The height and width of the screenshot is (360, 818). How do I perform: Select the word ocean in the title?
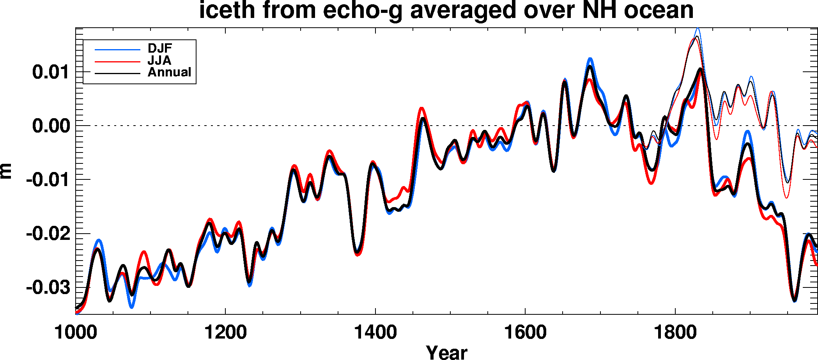pyautogui.click(x=659, y=10)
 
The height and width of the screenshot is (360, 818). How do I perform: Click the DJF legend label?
pyautogui.click(x=160, y=48)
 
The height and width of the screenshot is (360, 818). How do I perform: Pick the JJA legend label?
pyautogui.click(x=159, y=60)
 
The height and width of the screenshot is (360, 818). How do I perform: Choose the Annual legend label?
pyautogui.click(x=169, y=72)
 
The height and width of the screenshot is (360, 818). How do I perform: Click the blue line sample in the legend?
pyautogui.click(x=117, y=50)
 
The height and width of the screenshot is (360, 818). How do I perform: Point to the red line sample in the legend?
pyautogui.click(x=117, y=62)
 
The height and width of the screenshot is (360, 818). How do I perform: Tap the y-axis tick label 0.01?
pyautogui.click(x=51, y=72)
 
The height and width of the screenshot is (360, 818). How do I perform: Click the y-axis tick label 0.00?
pyautogui.click(x=51, y=126)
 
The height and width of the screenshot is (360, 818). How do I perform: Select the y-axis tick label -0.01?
pyautogui.click(x=48, y=180)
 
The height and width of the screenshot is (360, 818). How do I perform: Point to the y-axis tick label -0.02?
pyautogui.click(x=48, y=234)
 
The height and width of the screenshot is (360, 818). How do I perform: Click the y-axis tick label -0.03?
pyautogui.click(x=48, y=288)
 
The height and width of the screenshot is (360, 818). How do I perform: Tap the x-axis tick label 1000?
pyautogui.click(x=76, y=333)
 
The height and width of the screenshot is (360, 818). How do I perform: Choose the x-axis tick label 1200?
pyautogui.click(x=225, y=333)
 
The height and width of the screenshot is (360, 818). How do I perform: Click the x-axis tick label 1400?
pyautogui.click(x=375, y=333)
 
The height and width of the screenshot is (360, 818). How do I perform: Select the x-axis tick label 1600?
pyautogui.click(x=525, y=333)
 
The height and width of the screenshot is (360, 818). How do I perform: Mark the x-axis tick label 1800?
pyautogui.click(x=675, y=333)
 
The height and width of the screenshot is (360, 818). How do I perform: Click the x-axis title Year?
pyautogui.click(x=446, y=352)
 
